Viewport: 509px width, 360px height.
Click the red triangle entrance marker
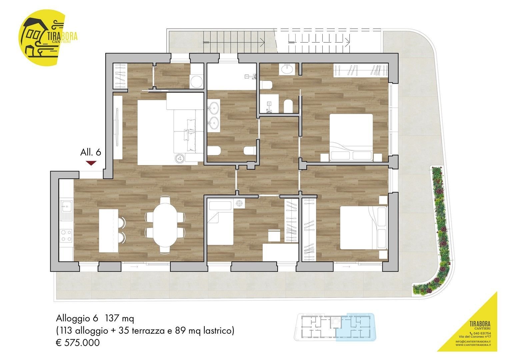pyautogui.click(x=91, y=163)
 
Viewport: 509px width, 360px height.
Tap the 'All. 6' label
pyautogui.click(x=90, y=152)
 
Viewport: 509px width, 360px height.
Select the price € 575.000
pyautogui.click(x=78, y=343)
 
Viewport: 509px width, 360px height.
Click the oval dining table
pyautogui.click(x=165, y=225)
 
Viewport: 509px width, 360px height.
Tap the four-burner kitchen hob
pyautogui.click(x=66, y=235)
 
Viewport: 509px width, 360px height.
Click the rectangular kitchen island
pyautogui.click(x=109, y=231)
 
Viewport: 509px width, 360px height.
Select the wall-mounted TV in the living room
pyautogui.click(x=117, y=127)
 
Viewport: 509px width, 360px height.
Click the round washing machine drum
pyautogui.click(x=196, y=82)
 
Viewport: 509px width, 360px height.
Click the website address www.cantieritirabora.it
pyautogui.click(x=473, y=345)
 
